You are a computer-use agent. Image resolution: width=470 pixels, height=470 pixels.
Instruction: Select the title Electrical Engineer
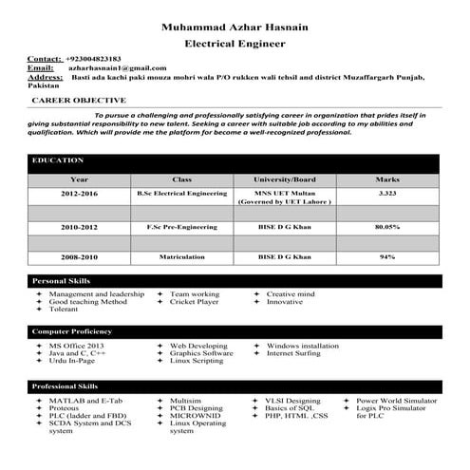pyautogui.click(x=235, y=44)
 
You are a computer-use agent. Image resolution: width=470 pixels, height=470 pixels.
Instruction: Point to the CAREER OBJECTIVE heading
pyautogui.click(x=80, y=99)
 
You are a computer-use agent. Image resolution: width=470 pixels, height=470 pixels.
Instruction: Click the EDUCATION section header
pyautogui.click(x=58, y=161)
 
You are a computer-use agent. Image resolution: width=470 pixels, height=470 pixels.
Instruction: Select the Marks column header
pyautogui.click(x=387, y=179)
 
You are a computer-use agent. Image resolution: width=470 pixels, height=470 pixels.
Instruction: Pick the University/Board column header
pyautogui.click(x=284, y=179)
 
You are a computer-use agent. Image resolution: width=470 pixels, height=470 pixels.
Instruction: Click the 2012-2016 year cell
pyautogui.click(x=80, y=194)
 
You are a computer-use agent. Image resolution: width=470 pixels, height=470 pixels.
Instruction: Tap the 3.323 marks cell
pyautogui.click(x=387, y=194)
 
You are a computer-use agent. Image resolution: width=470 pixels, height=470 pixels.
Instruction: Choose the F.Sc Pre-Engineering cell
pyautogui.click(x=182, y=228)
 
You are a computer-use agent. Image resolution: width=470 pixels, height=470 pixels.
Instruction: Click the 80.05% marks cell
pyautogui.click(x=387, y=228)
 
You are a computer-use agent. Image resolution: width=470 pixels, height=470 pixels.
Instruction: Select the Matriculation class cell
pyautogui.click(x=182, y=257)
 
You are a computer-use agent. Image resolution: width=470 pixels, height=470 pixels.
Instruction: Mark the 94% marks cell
pyautogui.click(x=387, y=257)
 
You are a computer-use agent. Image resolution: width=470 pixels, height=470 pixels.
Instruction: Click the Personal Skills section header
pyautogui.click(x=61, y=282)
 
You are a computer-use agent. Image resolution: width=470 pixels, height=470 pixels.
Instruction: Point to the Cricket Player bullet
pyautogui.click(x=195, y=302)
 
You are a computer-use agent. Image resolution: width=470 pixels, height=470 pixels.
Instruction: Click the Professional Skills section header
pyautogui.click(x=66, y=387)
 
